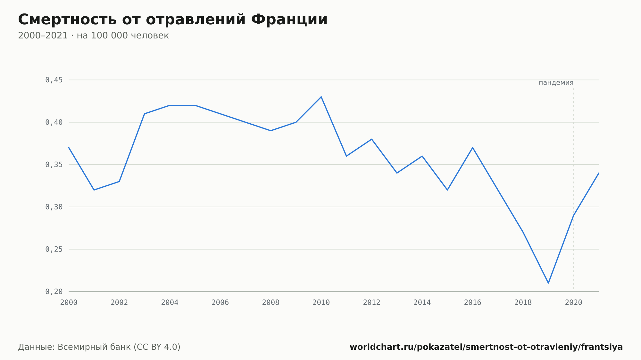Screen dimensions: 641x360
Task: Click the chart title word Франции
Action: pyautogui.click(x=289, y=20)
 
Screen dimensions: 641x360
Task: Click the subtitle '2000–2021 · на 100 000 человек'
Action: pyautogui.click(x=93, y=36)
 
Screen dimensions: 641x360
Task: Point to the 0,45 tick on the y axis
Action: pyautogui.click(x=54, y=80)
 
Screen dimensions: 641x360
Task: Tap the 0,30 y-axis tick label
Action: pyautogui.click(x=54, y=207)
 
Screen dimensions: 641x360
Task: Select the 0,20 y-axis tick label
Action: pyautogui.click(x=54, y=292)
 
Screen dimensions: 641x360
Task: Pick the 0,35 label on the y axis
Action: pyautogui.click(x=54, y=165)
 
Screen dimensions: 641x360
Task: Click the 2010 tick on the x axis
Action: pyautogui.click(x=321, y=303)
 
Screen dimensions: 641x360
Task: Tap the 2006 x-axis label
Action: pyautogui.click(x=220, y=303)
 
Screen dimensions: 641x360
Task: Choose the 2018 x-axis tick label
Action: pyautogui.click(x=523, y=303)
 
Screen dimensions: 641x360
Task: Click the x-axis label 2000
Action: pyautogui.click(x=69, y=303)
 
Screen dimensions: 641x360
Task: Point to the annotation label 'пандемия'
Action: pyautogui.click(x=556, y=83)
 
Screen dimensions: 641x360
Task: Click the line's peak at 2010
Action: pyautogui.click(x=321, y=97)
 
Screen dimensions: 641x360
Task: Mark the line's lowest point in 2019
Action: pyautogui.click(x=548, y=283)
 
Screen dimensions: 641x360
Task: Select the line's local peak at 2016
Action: pyautogui.click(x=473, y=148)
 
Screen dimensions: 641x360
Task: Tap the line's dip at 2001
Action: pyautogui.click(x=94, y=190)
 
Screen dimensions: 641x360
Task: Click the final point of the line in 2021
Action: pyautogui.click(x=599, y=173)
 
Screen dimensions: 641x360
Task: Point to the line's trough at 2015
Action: pyautogui.click(x=447, y=190)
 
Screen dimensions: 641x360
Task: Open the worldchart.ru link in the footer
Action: pyautogui.click(x=486, y=347)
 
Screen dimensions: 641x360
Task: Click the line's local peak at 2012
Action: pyautogui.click(x=372, y=139)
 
